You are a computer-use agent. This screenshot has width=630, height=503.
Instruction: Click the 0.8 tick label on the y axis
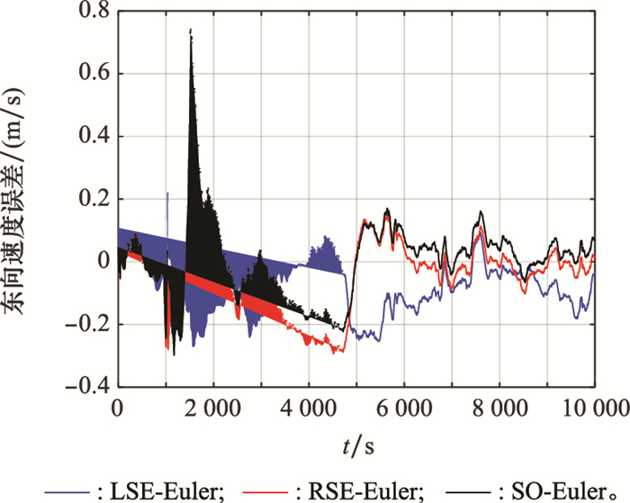coord(91,12)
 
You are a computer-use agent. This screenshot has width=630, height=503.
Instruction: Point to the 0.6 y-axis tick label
coord(91,74)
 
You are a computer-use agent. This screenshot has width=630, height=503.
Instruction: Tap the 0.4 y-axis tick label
coord(91,137)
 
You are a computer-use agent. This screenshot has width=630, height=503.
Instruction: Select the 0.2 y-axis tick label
coord(91,199)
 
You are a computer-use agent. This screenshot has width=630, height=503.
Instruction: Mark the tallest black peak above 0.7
coord(190,31)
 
